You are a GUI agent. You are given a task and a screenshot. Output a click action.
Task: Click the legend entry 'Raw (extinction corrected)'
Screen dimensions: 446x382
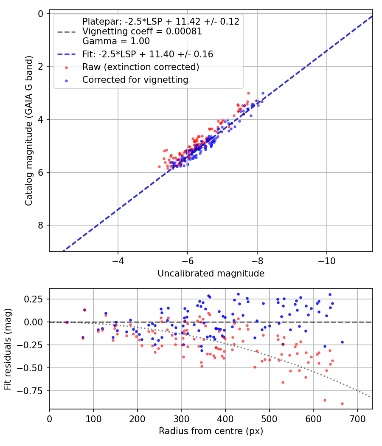[x=140, y=67]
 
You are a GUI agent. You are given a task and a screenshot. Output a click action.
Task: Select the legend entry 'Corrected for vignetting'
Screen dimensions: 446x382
[x=135, y=79]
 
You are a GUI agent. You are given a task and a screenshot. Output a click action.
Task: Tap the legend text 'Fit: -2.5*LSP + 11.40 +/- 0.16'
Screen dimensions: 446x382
[x=147, y=54]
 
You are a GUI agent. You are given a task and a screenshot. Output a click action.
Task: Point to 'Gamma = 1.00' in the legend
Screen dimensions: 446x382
[x=116, y=41]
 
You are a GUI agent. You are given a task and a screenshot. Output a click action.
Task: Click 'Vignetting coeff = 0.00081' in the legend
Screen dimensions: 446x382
[x=142, y=31]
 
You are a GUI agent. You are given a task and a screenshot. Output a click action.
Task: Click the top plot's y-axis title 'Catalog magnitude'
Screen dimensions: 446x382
[x=29, y=133]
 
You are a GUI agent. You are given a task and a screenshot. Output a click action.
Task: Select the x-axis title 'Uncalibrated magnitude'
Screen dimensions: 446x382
[x=211, y=274]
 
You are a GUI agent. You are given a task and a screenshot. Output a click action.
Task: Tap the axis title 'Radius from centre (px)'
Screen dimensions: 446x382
[x=211, y=431]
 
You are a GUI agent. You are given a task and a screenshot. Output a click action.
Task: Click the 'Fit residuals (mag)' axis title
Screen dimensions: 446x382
[x=8, y=349]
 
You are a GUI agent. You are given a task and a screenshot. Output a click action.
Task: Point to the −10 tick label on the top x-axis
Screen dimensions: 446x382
[x=326, y=260]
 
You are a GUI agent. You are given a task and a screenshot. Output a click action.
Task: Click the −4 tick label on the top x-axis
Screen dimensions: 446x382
[x=118, y=260]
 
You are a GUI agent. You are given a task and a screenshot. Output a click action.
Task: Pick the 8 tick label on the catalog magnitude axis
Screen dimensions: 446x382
[x=41, y=225]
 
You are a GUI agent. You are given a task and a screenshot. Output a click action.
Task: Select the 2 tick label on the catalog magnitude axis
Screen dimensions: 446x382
[x=41, y=66]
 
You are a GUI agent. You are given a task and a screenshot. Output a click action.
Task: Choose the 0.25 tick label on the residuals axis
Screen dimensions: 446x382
[x=35, y=299]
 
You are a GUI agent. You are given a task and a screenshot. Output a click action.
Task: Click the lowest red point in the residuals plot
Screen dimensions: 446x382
[x=342, y=404]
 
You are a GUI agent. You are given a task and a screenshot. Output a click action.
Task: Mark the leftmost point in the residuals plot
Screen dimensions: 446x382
[x=67, y=322]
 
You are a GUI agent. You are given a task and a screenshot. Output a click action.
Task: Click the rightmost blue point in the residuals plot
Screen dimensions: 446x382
[x=342, y=342]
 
